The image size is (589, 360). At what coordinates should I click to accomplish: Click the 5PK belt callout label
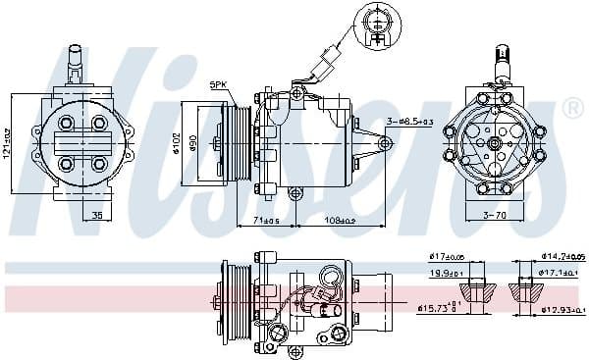point(218,86)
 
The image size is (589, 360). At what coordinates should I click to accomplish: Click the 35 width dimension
point(96,214)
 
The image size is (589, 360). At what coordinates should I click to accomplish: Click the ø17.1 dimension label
point(563,273)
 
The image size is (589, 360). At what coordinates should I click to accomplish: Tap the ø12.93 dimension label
point(563,311)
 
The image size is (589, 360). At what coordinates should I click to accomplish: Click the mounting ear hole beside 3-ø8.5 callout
point(384,143)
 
